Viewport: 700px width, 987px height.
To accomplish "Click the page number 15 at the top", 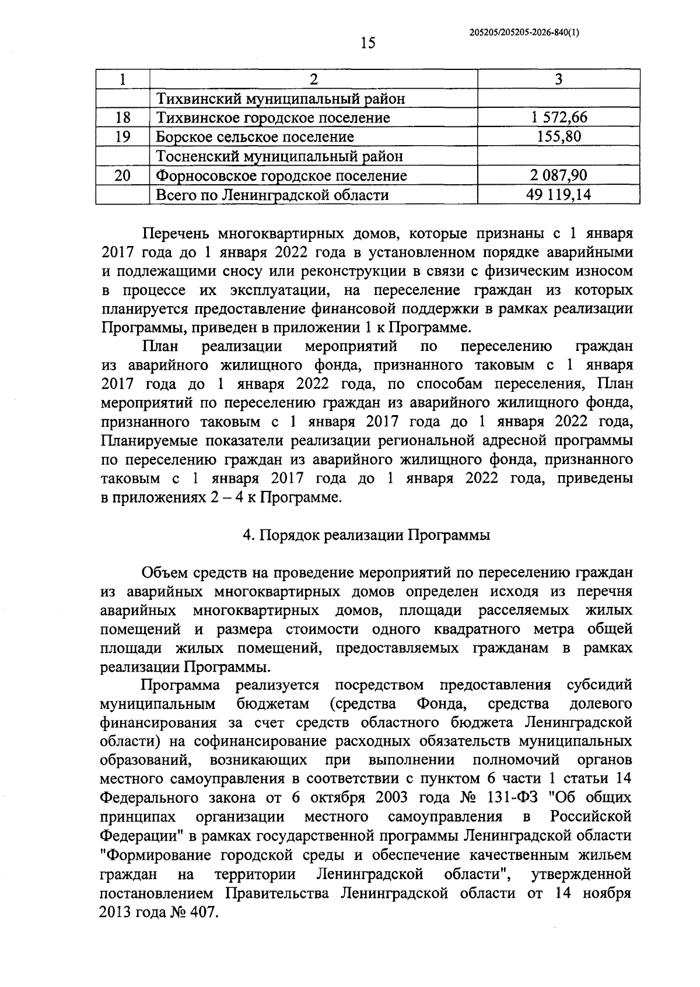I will (367, 43).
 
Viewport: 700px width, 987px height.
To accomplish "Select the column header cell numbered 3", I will (558, 80).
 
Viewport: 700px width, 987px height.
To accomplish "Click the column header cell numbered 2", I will (314, 80).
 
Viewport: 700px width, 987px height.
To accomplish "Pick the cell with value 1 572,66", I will (558, 118).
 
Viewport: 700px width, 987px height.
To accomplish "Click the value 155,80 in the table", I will (558, 137).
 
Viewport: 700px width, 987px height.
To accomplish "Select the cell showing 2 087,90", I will (558, 175).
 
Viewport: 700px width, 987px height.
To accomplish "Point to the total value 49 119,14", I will (558, 194).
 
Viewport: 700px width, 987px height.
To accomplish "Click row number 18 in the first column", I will (123, 118).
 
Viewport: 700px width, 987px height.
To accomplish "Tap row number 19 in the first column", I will (123, 137).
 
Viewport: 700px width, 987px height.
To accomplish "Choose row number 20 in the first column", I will (123, 175).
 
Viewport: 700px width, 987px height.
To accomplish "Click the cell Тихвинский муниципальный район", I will (280, 99).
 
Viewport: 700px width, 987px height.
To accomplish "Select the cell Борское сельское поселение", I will (255, 137).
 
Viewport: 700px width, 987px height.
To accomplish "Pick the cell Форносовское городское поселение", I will (281, 175).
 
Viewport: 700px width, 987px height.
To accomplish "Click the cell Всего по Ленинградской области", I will (272, 194).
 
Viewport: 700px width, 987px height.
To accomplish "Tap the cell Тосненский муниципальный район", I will (279, 156).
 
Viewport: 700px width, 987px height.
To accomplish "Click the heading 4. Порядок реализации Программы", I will (366, 535).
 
